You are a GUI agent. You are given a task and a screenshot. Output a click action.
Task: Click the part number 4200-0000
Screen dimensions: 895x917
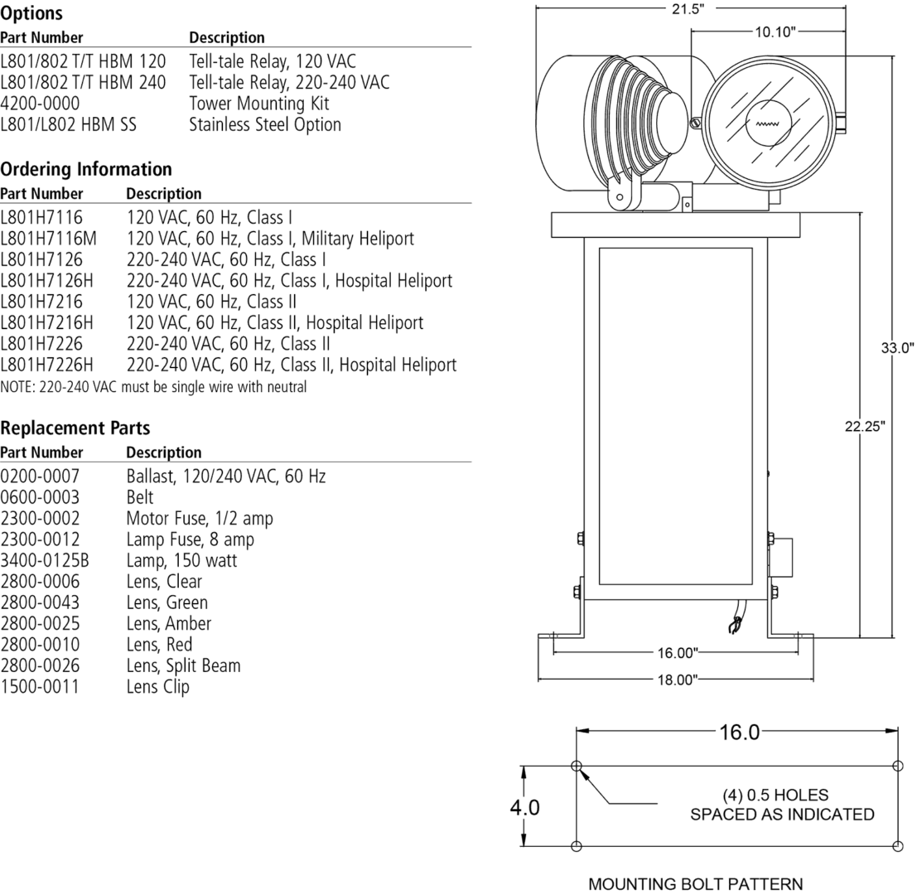point(40,104)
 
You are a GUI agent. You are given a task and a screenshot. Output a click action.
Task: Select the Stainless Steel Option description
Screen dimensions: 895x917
point(265,125)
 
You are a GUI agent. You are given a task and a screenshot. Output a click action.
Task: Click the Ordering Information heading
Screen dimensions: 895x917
point(86,169)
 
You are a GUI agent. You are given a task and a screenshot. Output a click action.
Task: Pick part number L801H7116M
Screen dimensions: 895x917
point(48,239)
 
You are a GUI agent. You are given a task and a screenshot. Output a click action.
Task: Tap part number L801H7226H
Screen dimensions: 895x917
point(46,365)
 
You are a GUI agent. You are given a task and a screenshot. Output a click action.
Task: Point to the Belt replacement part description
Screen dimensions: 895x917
point(140,497)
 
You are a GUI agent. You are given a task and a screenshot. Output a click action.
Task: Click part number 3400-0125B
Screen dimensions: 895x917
point(45,561)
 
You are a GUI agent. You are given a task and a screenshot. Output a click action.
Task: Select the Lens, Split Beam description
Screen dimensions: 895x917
point(183,665)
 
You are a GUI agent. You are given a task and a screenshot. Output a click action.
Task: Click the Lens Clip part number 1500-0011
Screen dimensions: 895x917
point(40,687)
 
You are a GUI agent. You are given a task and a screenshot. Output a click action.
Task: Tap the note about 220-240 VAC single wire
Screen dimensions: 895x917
point(153,387)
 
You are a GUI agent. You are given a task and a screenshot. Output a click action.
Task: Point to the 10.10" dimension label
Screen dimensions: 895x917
point(775,31)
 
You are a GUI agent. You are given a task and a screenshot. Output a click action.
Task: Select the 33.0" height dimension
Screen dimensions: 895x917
point(896,348)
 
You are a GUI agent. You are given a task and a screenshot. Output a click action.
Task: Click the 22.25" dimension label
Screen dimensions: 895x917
point(865,426)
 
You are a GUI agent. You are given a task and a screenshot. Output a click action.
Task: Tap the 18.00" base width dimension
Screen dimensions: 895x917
point(677,680)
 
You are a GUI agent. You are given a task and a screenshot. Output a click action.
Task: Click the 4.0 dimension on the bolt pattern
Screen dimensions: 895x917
point(524,806)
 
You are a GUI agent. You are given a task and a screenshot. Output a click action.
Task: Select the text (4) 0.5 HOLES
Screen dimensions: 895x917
point(775,795)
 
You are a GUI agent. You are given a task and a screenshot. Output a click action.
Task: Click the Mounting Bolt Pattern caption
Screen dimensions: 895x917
point(695,884)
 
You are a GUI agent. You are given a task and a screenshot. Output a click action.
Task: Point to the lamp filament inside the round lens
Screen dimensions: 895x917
point(763,125)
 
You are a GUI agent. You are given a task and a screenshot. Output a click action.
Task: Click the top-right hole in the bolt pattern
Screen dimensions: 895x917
point(898,766)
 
